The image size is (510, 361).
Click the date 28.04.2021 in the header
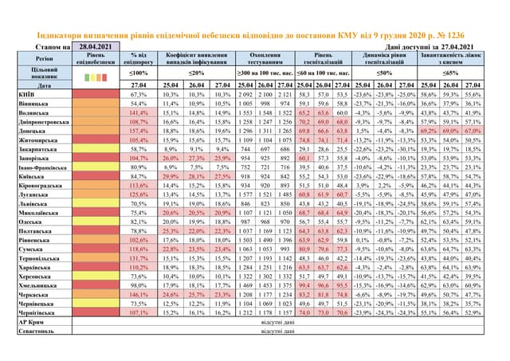(x=95, y=49)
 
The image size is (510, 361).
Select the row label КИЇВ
(x=25, y=95)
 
